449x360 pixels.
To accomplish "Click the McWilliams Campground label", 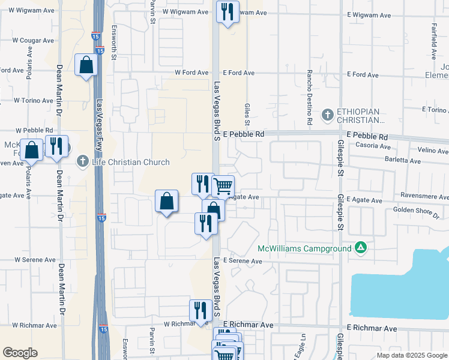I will (304, 248).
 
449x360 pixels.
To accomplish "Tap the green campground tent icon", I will (360, 247).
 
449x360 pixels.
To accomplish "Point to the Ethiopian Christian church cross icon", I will (327, 113).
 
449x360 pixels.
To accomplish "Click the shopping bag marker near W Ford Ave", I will (86, 65).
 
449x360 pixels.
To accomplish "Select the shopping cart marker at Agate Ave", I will (223, 187).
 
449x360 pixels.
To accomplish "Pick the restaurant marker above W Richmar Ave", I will (200, 310).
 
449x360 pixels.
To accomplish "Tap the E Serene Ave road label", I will (243, 261).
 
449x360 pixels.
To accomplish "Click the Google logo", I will (20, 353).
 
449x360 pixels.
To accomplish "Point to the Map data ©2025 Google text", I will (411, 355).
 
